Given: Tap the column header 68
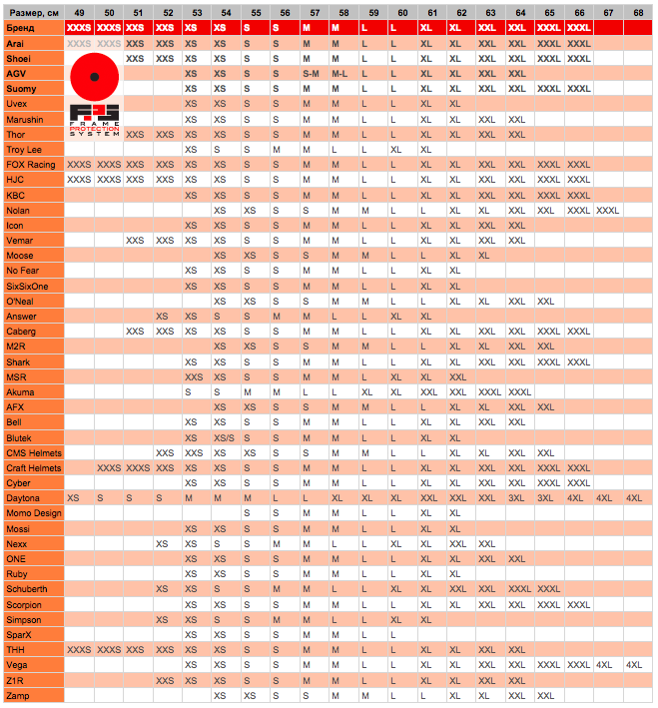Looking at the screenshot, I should (637, 12).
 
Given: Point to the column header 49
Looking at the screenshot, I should (79, 12).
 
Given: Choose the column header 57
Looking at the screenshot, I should (316, 12).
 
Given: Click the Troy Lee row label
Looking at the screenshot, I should (24, 149).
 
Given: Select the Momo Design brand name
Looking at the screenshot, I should (34, 513).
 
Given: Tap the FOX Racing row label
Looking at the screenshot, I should (31, 164).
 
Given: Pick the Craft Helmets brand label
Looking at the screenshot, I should (34, 467).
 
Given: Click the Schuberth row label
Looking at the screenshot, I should (27, 589).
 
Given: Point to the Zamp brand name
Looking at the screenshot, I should (18, 695).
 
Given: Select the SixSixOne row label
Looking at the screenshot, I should (28, 286).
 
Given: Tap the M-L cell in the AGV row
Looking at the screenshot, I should (339, 74).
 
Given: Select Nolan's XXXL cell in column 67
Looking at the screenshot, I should (607, 210).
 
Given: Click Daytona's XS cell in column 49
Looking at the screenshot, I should (73, 498).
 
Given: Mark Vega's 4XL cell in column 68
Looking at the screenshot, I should (635, 665).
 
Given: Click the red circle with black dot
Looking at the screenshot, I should (96, 76).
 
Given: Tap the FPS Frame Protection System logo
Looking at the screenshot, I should (96, 119).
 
